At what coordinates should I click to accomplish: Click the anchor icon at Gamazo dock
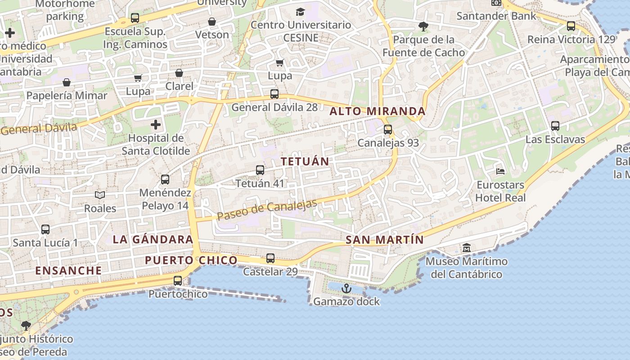tap(346, 288)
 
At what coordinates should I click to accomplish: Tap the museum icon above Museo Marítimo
tap(466, 247)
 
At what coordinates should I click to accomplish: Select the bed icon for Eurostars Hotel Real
tap(500, 171)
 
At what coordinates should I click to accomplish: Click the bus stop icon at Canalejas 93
tap(388, 130)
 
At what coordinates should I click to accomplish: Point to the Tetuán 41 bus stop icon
tap(260, 170)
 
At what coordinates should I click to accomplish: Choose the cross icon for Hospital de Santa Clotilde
tap(156, 124)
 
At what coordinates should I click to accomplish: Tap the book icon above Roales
tap(100, 195)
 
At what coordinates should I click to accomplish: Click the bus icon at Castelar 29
tap(270, 258)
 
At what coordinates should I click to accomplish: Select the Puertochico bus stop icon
tap(178, 281)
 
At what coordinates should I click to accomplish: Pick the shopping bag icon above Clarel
tap(179, 73)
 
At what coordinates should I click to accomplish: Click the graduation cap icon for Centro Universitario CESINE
tap(300, 12)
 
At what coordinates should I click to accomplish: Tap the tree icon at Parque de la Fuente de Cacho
tap(423, 26)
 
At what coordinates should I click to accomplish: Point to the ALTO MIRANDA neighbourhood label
tap(378, 111)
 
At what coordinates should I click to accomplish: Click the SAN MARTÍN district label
tap(385, 240)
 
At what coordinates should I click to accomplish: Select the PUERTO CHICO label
tap(191, 260)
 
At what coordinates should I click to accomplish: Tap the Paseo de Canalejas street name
tap(267, 210)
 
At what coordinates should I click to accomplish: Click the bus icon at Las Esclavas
tap(555, 126)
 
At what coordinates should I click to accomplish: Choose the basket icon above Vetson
tap(212, 22)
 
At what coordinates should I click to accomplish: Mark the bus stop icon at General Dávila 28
tap(274, 94)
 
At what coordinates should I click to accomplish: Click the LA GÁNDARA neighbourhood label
tap(153, 239)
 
